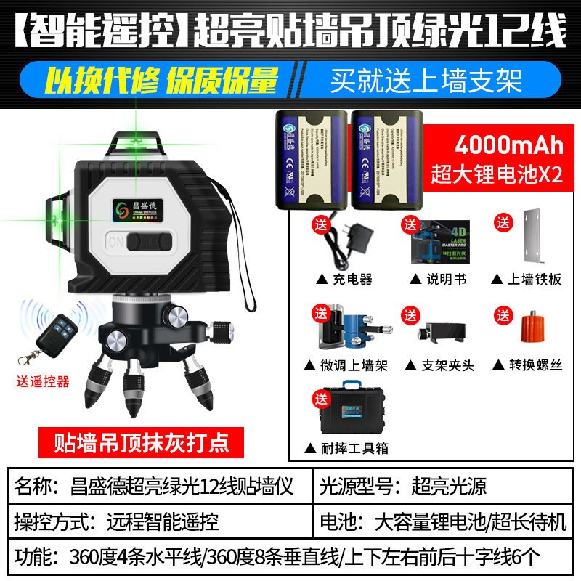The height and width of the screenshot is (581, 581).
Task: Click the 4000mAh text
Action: pos(508,145)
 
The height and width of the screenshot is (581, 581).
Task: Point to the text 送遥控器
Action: pos(42,381)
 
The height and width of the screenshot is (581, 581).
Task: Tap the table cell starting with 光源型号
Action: pos(443,486)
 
